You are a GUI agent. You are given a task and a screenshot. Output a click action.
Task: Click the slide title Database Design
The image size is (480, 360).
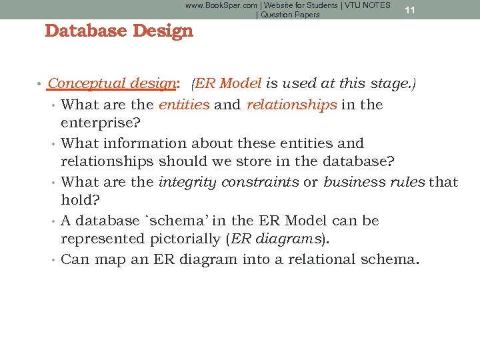[x=119, y=31]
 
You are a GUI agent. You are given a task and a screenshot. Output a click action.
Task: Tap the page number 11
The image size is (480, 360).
[x=410, y=10]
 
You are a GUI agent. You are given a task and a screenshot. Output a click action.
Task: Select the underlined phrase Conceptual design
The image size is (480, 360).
[x=111, y=83]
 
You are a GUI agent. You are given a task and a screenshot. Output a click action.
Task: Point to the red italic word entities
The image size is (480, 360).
[x=184, y=105]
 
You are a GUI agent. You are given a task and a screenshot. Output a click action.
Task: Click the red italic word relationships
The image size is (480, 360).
[x=291, y=105]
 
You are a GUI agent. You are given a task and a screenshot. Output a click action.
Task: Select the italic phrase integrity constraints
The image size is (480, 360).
[x=229, y=182]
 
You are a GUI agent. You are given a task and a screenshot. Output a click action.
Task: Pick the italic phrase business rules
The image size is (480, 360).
[x=373, y=182]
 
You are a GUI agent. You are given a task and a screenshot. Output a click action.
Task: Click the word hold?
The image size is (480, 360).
[x=80, y=200]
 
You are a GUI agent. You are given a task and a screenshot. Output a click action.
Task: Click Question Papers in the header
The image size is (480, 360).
[x=290, y=15]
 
